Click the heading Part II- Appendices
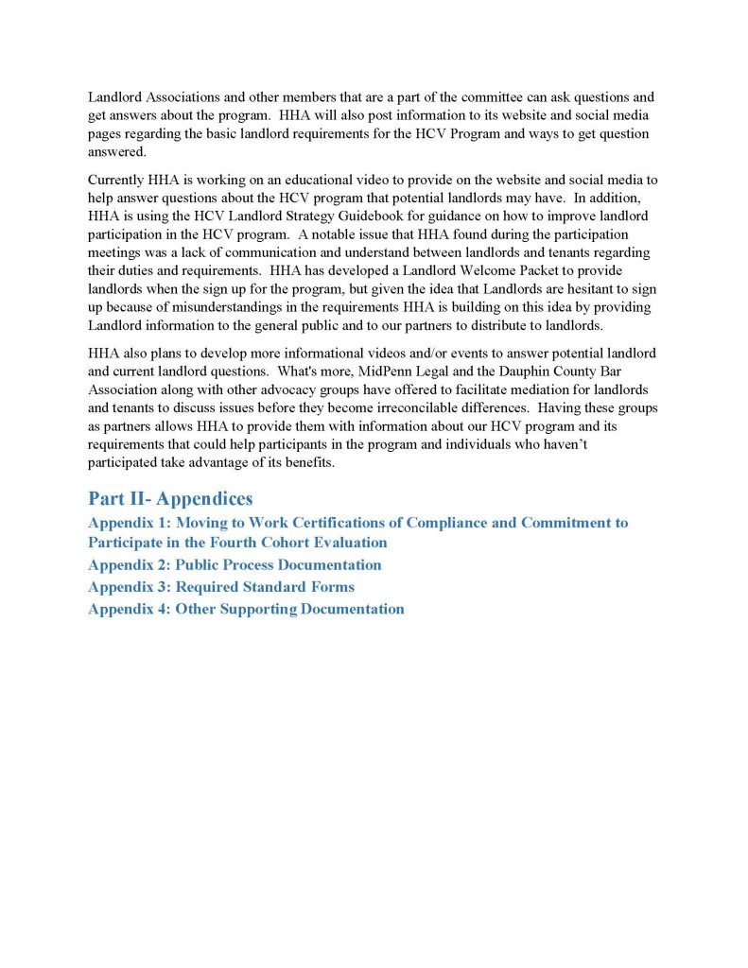point(170,499)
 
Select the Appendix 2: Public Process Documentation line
point(235,565)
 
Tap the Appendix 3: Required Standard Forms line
point(221,587)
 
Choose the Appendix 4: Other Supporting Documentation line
point(246,609)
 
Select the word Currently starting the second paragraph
point(115,180)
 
